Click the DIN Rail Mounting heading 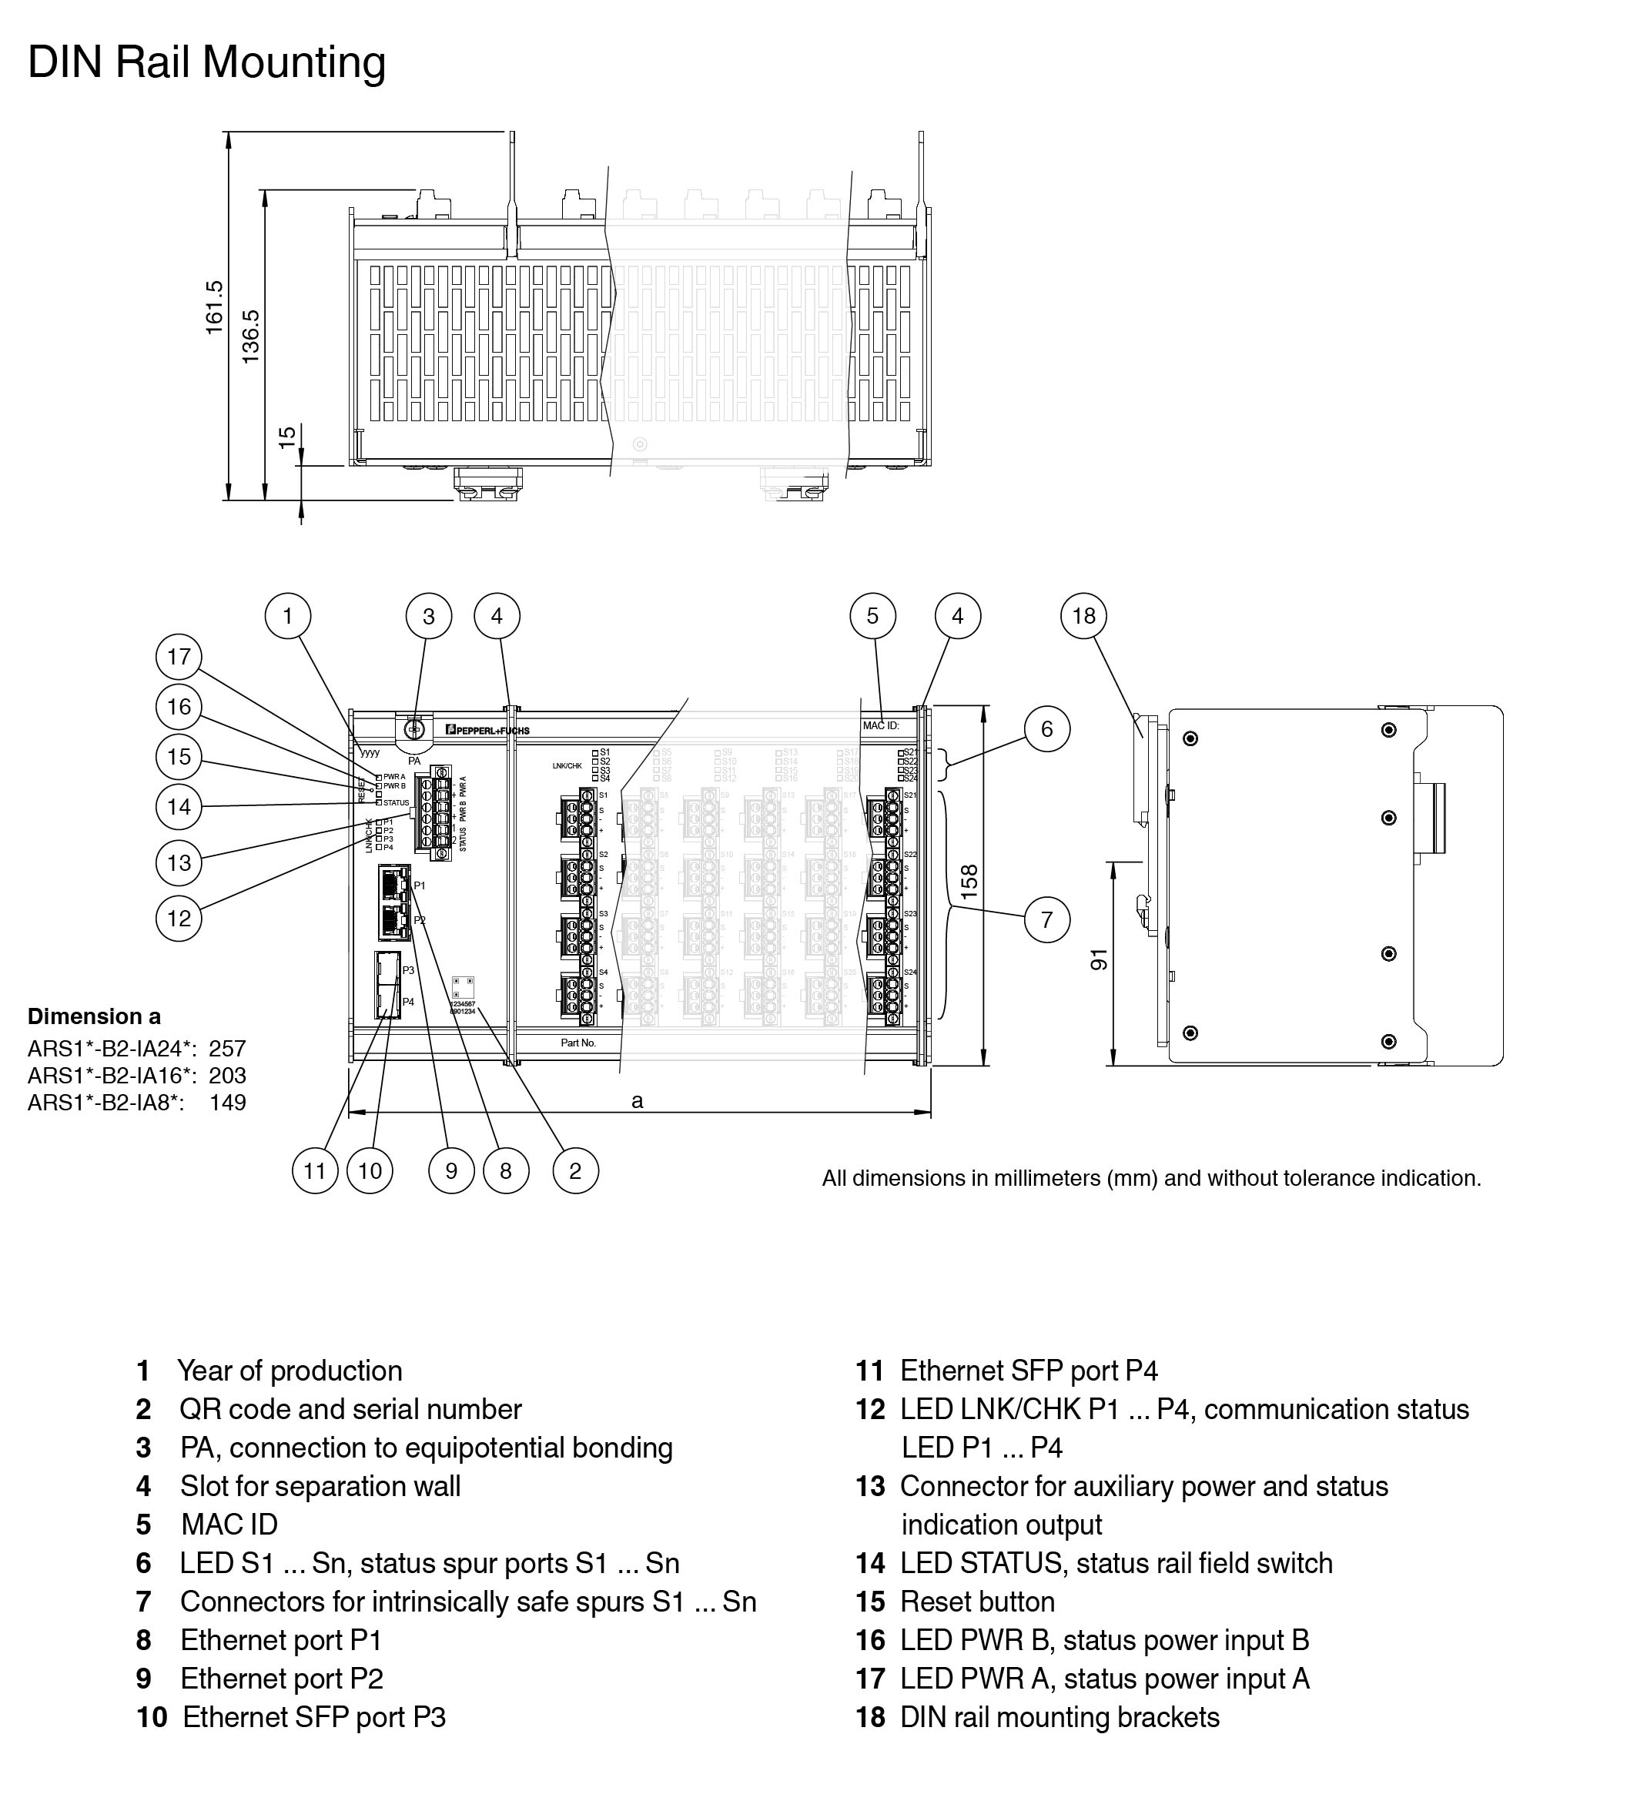(x=206, y=63)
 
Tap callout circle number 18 (x=1083, y=615)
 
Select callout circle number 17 (x=179, y=657)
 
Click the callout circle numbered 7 (x=1046, y=919)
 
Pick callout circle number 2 (x=574, y=1170)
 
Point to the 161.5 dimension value (x=215, y=307)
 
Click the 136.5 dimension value (x=250, y=336)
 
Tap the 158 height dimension (x=969, y=882)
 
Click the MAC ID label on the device (x=880, y=725)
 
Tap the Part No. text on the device (x=578, y=1043)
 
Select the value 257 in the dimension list (x=227, y=1049)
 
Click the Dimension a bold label (x=94, y=1016)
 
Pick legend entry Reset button (x=976, y=1601)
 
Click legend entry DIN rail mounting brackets (x=1059, y=1717)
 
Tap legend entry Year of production (x=290, y=1371)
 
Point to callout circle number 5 (x=872, y=615)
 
